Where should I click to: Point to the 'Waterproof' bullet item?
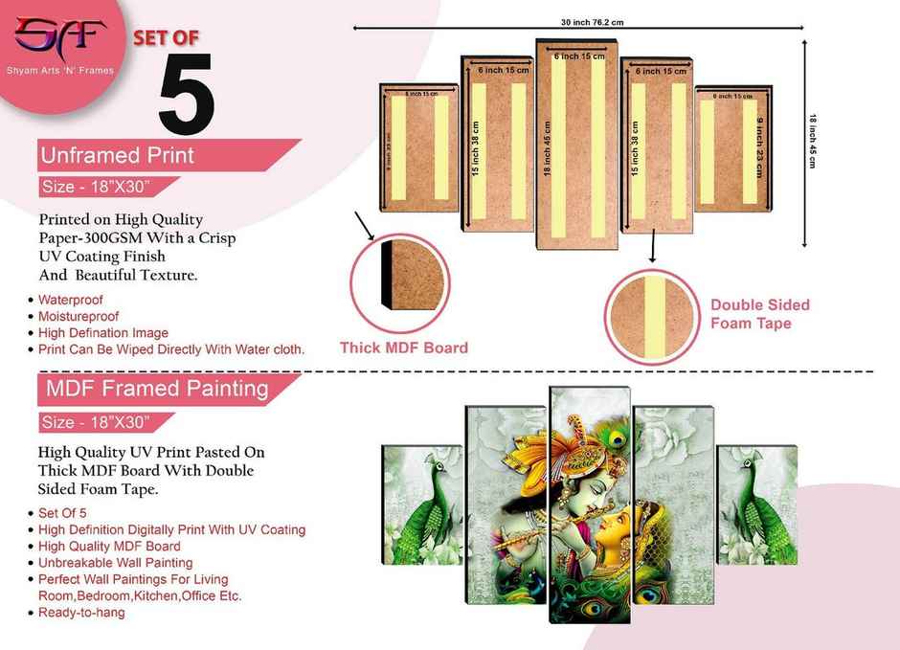(71, 299)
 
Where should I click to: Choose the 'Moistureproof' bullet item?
(79, 316)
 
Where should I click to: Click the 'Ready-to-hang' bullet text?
(81, 612)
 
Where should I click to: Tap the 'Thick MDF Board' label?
(404, 347)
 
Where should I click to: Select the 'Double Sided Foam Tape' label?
(759, 314)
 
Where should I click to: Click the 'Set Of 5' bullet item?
(62, 513)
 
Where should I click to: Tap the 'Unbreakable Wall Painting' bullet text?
(115, 563)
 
